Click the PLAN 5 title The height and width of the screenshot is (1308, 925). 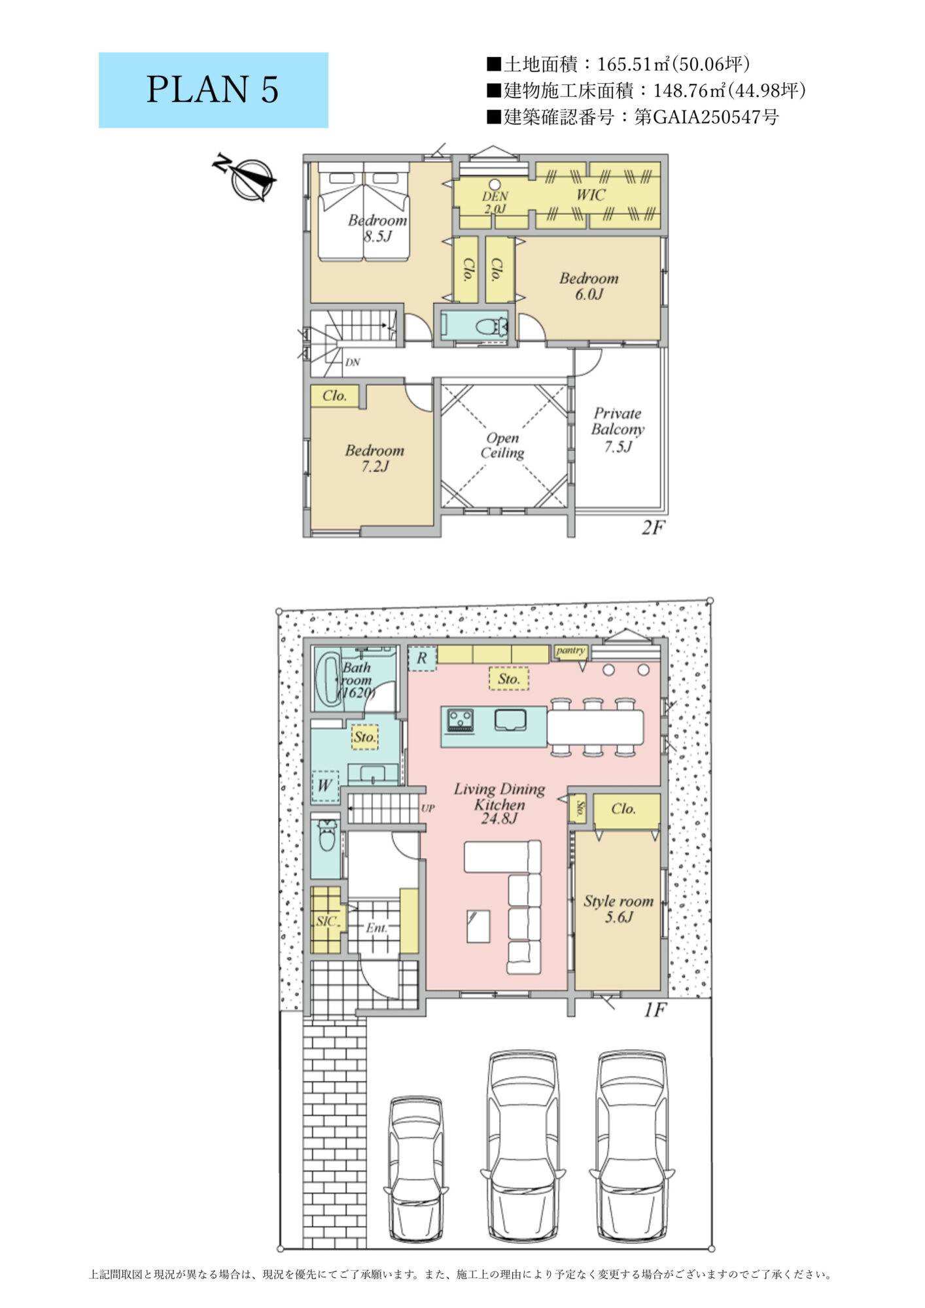(213, 90)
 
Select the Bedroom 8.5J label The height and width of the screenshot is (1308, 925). (377, 228)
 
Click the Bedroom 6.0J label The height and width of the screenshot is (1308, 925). (589, 286)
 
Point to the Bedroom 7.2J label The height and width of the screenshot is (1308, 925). (375, 458)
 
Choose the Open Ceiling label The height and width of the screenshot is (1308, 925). (502, 445)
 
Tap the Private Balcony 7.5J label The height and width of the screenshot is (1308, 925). (618, 430)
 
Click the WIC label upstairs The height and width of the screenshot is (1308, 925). (591, 194)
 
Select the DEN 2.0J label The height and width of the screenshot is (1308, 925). (495, 203)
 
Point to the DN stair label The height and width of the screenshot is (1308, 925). (353, 362)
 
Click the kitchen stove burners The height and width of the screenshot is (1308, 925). (460, 720)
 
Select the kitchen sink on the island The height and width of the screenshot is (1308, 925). (510, 719)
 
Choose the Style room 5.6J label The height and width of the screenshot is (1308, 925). (618, 908)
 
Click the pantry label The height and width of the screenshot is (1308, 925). (570, 651)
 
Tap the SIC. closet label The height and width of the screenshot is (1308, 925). (327, 921)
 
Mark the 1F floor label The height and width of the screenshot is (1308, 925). (654, 1010)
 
